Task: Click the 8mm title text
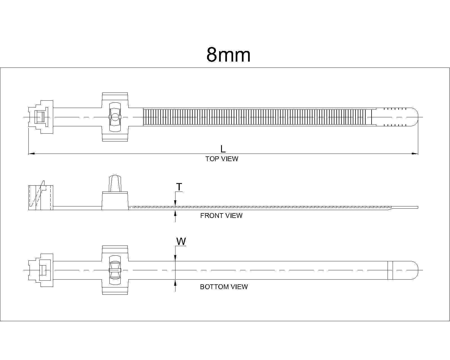(228, 55)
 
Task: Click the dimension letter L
(223, 149)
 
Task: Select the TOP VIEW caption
(222, 159)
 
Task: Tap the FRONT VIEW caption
(221, 216)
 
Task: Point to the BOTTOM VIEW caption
(224, 287)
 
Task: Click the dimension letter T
(179, 187)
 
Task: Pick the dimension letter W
(181, 241)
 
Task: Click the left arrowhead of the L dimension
(32, 154)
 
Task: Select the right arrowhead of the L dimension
(415, 154)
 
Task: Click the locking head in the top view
(41, 117)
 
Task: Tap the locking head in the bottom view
(41, 270)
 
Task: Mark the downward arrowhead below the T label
(175, 202)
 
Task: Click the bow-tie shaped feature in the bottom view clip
(115, 270)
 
